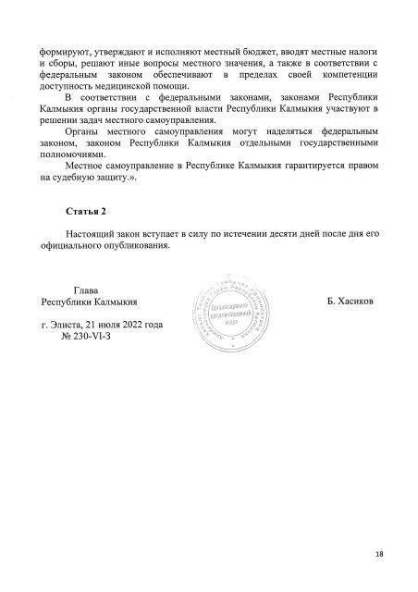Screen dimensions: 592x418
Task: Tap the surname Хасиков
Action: point(349,302)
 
